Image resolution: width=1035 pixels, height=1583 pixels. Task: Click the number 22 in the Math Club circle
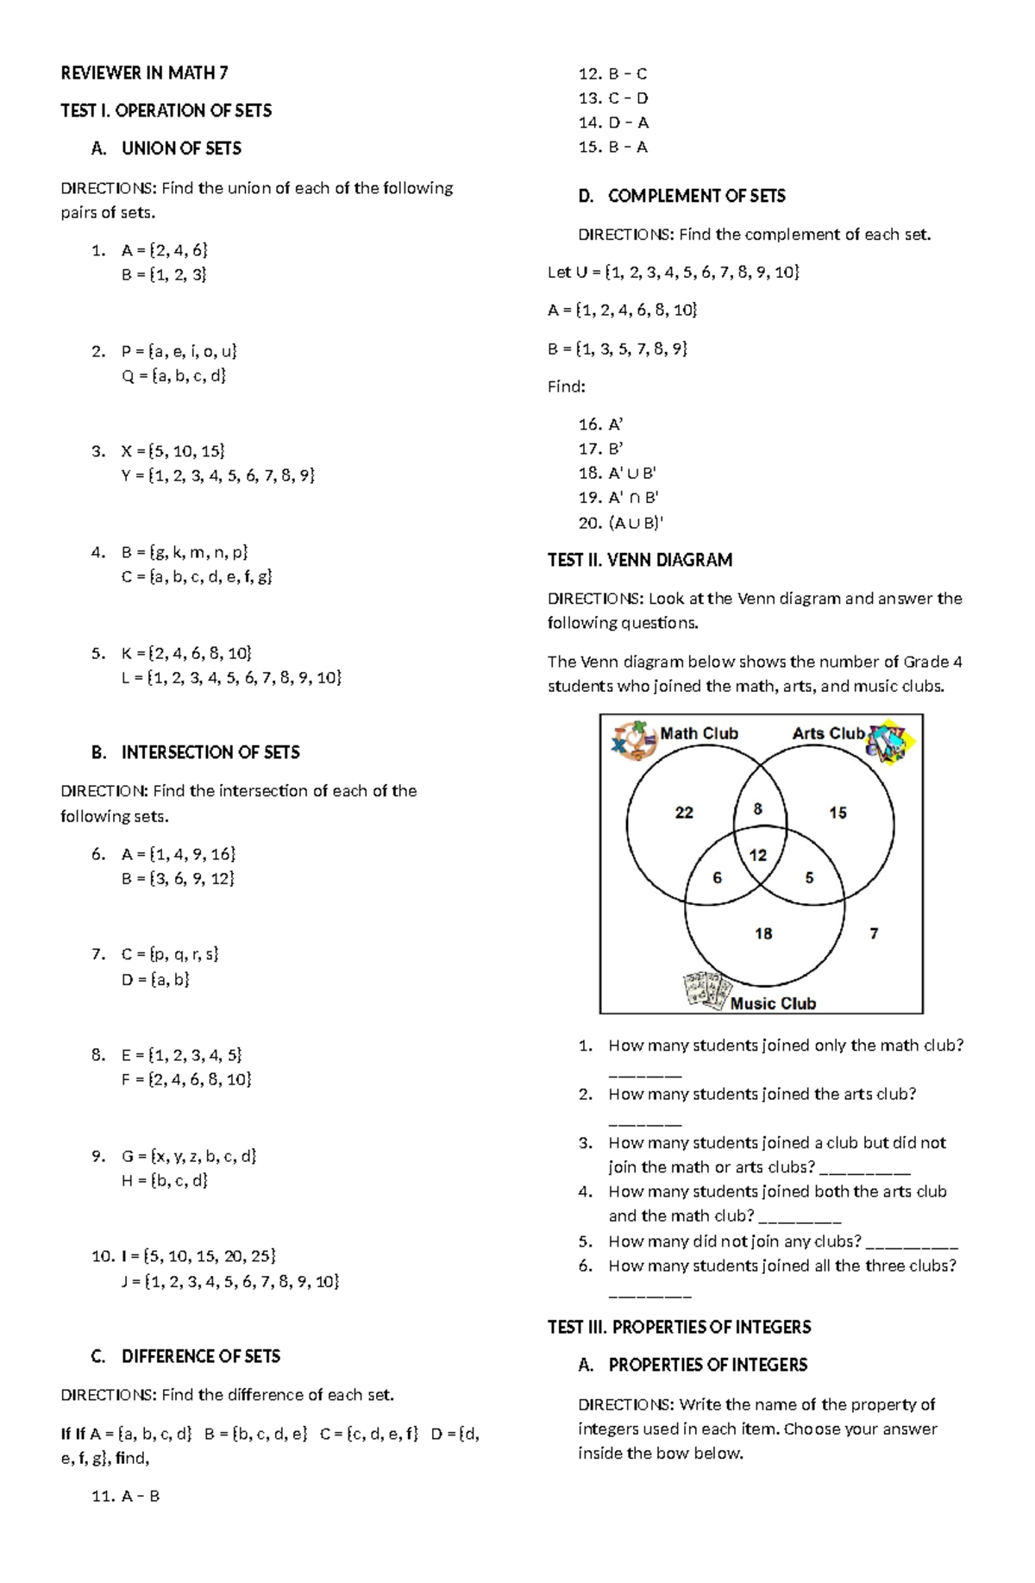tap(684, 813)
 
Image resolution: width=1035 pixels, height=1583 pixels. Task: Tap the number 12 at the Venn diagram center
tap(758, 855)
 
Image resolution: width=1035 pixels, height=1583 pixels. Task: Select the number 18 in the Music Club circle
tap(763, 933)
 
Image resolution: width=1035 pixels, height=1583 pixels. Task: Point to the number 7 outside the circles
tap(874, 933)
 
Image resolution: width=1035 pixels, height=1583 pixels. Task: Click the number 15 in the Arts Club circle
tap(837, 813)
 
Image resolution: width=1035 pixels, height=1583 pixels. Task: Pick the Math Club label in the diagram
tap(699, 733)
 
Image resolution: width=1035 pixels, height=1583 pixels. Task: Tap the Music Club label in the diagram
tap(773, 1003)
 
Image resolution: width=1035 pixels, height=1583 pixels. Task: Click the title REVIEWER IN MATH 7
tap(144, 72)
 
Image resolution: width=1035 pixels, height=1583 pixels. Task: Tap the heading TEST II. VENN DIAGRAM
tap(640, 560)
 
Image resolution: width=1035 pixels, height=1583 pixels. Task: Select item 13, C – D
tap(613, 98)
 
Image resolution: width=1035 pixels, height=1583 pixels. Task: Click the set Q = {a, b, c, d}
tap(173, 375)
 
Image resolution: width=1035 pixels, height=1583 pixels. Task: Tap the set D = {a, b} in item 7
tap(155, 979)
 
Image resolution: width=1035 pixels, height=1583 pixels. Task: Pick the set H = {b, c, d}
tap(165, 1180)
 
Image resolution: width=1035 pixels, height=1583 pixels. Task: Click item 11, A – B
tap(126, 1496)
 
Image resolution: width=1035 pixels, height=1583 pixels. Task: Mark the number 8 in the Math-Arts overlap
tap(758, 809)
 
